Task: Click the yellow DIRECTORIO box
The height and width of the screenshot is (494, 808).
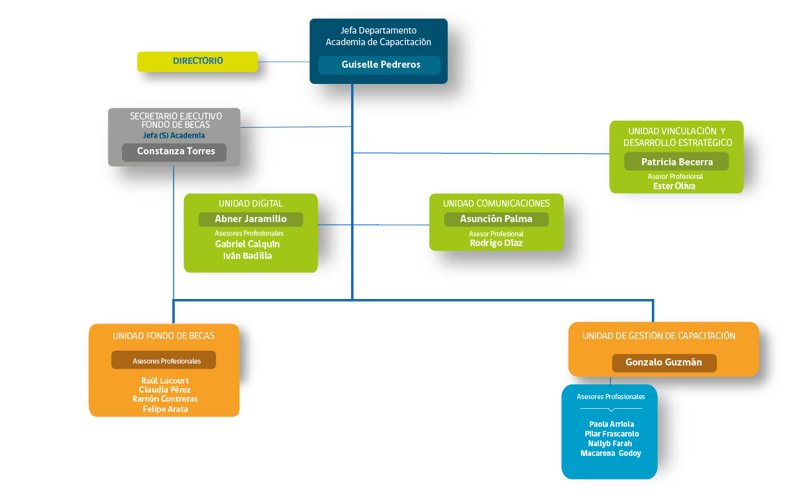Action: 197,61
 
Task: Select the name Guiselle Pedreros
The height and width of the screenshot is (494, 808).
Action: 381,65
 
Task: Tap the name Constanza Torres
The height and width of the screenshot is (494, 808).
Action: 176,151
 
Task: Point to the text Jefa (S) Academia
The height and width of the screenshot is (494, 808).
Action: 174,136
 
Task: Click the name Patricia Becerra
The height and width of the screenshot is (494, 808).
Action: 677,162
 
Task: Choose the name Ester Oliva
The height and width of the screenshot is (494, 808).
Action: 674,186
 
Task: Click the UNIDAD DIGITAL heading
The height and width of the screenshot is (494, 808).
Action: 250,203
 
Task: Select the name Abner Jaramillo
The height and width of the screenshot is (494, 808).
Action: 250,219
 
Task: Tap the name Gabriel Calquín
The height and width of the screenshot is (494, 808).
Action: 247,244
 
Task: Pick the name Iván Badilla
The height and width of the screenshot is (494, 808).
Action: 247,256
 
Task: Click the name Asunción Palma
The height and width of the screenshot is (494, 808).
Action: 496,219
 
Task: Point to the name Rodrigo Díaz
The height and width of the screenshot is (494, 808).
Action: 496,243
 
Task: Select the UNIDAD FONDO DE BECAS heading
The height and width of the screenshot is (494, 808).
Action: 164,336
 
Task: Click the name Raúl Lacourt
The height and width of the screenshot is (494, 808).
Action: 165,381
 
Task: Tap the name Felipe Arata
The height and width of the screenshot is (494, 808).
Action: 165,409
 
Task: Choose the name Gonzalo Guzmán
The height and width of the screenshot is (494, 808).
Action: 663,362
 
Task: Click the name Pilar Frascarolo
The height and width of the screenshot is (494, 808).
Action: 612,434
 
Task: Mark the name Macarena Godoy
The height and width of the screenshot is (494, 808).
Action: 611,453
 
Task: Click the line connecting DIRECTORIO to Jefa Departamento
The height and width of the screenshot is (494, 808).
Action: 284,62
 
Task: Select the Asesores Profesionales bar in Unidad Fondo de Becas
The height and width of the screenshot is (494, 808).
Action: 164,360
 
